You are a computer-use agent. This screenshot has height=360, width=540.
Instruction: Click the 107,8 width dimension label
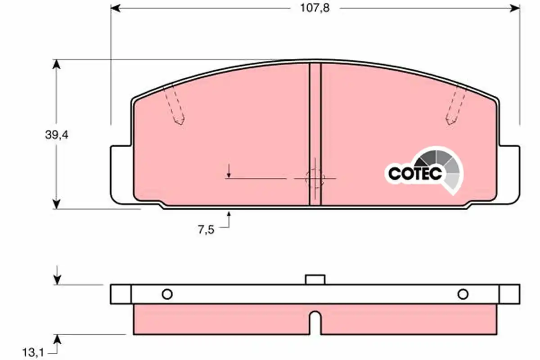click(315, 8)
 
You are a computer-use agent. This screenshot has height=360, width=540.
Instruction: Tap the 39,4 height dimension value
click(57, 135)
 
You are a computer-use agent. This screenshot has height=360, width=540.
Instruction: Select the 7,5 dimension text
click(206, 230)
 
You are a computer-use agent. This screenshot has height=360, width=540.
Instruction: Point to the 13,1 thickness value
click(33, 353)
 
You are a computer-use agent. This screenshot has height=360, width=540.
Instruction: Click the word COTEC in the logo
click(415, 174)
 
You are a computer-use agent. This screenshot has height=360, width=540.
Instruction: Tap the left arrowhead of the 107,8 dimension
click(115, 9)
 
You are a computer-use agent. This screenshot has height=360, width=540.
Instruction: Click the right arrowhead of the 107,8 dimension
click(515, 9)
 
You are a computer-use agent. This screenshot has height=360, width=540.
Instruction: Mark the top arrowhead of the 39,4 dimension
click(56, 64)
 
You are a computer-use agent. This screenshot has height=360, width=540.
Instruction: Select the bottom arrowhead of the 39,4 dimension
click(56, 204)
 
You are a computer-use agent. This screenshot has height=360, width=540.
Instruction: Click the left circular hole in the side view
click(167, 294)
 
